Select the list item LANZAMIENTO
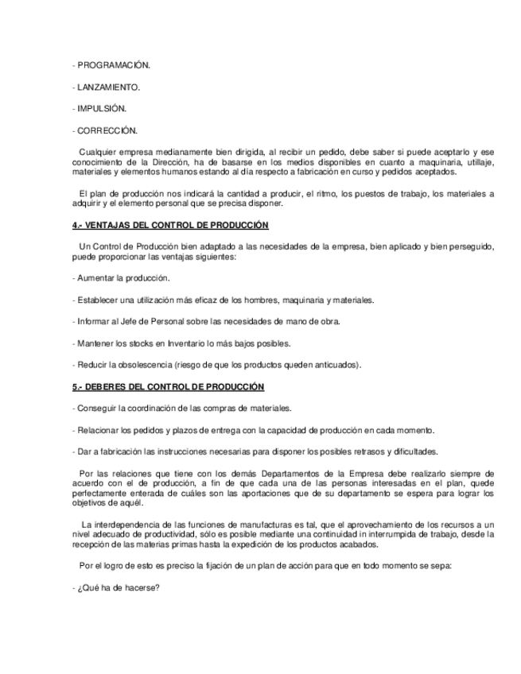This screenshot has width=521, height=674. point(107,87)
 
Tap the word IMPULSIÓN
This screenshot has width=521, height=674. point(101,108)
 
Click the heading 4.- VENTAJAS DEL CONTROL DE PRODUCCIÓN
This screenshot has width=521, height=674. point(169,226)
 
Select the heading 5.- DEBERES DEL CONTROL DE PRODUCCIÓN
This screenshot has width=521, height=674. point(167,386)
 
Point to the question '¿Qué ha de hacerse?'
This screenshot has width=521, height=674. point(117,587)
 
